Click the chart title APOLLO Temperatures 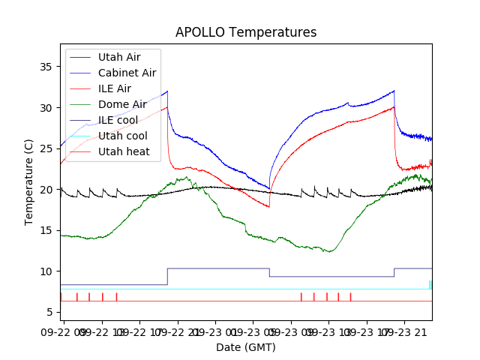click(x=246, y=32)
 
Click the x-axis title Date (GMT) click(x=246, y=347)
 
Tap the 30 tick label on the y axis click(x=46, y=108)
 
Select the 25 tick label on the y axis click(x=46, y=148)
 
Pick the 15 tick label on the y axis click(x=46, y=230)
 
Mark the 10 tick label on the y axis click(x=46, y=271)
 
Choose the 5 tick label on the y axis click(x=49, y=312)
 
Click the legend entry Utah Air click(x=118, y=57)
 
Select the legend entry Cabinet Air click(x=127, y=73)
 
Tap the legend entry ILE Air click(x=114, y=88)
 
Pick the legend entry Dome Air click(x=122, y=104)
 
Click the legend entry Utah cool click(x=121, y=136)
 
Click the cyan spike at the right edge click(x=430, y=285)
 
